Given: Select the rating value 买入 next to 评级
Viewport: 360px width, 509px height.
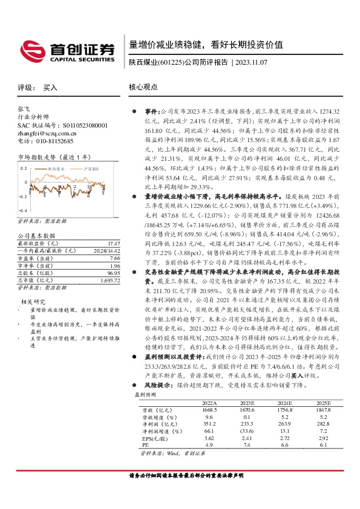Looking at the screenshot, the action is [50, 88].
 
